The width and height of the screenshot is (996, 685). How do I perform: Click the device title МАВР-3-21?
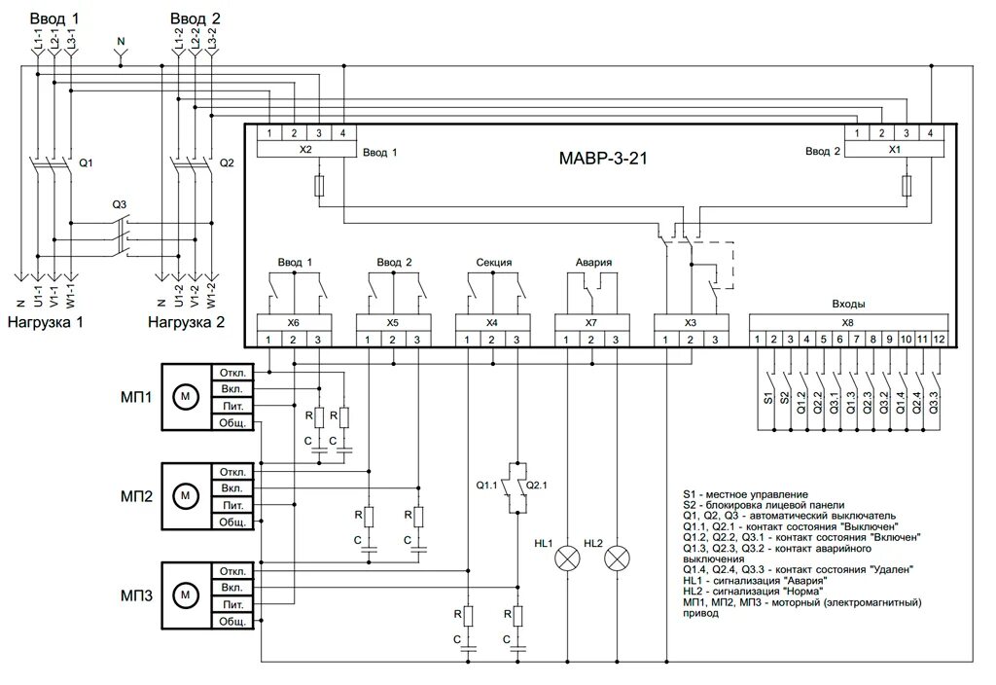coord(603,159)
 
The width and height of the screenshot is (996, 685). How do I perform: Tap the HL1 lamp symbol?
coord(567,559)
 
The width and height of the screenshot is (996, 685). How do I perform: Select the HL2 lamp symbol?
coord(617,559)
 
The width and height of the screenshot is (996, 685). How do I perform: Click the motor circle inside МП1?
coord(186,397)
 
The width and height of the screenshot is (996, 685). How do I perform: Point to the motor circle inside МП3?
coord(186,595)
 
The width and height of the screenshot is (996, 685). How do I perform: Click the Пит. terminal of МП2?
coord(232,505)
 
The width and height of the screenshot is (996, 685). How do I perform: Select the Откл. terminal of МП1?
coord(232,373)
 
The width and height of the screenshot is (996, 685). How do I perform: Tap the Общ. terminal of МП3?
coord(232,621)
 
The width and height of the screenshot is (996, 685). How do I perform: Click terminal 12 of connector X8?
coord(939,340)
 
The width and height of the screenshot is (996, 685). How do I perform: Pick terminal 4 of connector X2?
coord(343,133)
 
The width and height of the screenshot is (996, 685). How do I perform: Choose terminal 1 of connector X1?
coord(857,133)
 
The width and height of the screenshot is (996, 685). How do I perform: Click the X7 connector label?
coord(590,323)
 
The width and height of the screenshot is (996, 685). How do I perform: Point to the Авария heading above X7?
coord(593,262)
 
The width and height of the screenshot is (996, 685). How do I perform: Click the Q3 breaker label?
coord(120,204)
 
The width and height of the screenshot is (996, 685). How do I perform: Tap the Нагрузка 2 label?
coord(186,322)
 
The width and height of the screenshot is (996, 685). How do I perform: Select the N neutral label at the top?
coord(121,41)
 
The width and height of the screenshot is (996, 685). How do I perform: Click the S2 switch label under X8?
coord(785,398)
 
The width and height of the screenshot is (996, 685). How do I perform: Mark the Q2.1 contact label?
coord(537,485)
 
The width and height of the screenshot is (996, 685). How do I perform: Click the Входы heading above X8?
coord(848,305)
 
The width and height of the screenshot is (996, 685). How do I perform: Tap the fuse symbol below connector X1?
coord(907,186)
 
